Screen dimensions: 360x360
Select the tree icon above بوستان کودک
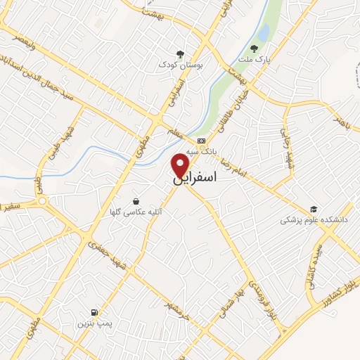click(x=181, y=53)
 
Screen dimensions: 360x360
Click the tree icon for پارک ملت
click(x=255, y=49)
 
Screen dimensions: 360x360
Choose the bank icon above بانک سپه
click(x=202, y=141)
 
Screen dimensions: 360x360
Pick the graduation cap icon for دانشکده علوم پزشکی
click(x=314, y=210)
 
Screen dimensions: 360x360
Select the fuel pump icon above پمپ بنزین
click(x=94, y=311)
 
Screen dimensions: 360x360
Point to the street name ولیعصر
click(x=20, y=44)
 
